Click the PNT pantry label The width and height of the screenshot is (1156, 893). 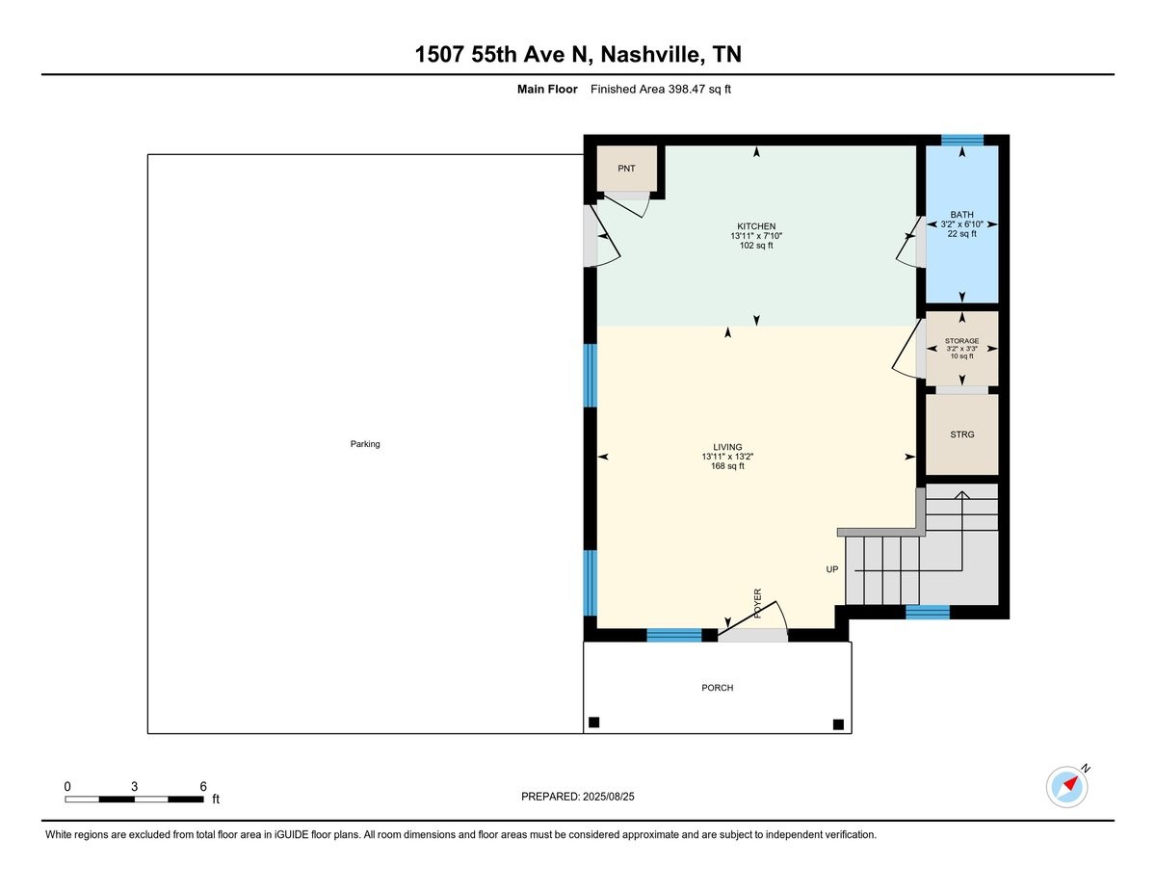click(x=626, y=169)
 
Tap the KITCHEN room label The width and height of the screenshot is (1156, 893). click(x=756, y=226)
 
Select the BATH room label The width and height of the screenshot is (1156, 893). click(x=961, y=215)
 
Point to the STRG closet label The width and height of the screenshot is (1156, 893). click(x=961, y=434)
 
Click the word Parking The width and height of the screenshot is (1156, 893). click(x=365, y=444)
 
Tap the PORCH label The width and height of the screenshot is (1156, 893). click(x=717, y=688)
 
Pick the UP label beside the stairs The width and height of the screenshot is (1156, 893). click(x=832, y=569)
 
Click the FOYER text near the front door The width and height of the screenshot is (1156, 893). click(x=757, y=603)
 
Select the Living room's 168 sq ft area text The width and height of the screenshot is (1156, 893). click(x=727, y=466)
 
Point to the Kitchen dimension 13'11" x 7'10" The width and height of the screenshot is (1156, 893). click(x=756, y=236)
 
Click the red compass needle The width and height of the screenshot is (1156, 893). click(x=1071, y=783)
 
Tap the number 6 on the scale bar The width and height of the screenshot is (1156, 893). click(x=203, y=786)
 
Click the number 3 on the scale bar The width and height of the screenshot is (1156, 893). click(x=135, y=786)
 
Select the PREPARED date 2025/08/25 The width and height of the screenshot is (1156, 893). click(x=608, y=797)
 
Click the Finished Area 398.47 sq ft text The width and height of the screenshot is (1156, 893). click(x=660, y=90)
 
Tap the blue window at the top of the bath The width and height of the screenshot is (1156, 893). click(x=961, y=141)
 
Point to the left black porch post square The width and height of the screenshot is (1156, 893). click(x=593, y=722)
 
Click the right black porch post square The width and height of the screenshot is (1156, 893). click(x=838, y=723)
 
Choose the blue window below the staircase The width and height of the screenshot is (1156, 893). click(x=928, y=612)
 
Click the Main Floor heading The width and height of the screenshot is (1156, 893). click(x=547, y=90)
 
